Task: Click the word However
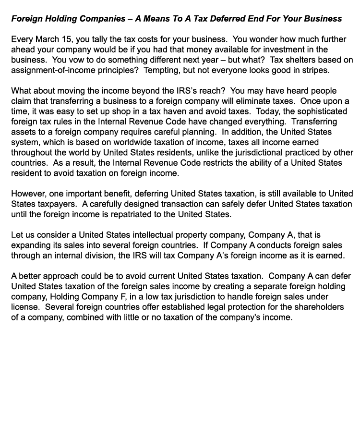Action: point(29,194)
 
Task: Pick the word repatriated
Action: point(132,214)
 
